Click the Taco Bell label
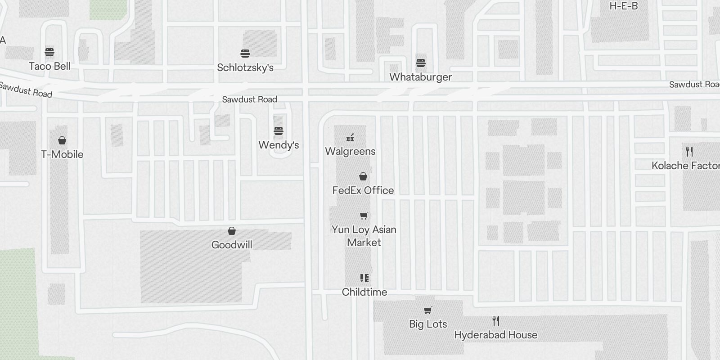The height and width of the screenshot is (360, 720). (49, 66)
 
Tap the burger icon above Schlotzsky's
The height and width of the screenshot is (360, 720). (245, 54)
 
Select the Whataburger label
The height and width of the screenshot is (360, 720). (420, 77)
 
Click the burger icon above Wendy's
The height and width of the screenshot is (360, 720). (279, 131)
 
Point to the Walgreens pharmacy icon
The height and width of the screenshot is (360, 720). (350, 138)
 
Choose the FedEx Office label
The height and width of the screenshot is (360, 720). (363, 190)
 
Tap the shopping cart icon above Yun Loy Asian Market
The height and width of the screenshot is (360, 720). (364, 216)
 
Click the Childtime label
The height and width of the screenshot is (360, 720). (364, 292)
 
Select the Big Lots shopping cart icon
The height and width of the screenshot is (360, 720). (428, 310)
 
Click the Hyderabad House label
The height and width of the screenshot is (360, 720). (495, 335)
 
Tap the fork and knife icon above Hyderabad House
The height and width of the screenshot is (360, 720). (496, 321)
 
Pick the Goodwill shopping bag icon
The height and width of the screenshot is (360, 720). (232, 231)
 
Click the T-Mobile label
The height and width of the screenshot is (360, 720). (62, 154)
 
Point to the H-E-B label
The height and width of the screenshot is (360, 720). (623, 6)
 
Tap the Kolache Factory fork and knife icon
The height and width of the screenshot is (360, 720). (689, 151)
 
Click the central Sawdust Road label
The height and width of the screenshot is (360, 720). (249, 99)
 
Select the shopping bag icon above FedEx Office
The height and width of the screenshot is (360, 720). (363, 176)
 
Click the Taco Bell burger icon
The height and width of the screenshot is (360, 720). (49, 53)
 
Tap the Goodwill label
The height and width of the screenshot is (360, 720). (232, 245)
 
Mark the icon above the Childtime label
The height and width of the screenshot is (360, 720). (364, 278)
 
